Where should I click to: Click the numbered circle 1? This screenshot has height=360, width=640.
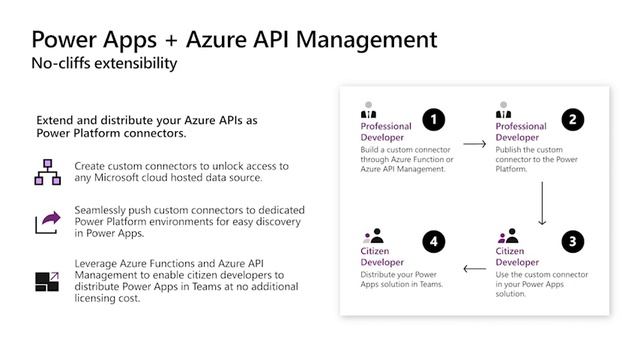433,120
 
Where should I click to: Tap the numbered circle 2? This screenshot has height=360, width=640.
572,120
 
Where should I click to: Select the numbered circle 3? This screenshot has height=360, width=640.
572,242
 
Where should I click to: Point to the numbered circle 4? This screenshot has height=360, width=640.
433,242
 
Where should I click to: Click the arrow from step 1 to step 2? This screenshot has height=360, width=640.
476,145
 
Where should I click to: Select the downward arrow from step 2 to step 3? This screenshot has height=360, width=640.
541,203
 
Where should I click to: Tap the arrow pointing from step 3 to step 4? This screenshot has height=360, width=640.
474,268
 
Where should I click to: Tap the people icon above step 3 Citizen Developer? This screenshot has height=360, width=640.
507,235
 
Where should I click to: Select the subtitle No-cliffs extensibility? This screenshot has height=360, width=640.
104,64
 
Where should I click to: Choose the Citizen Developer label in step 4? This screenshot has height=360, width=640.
382,255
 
